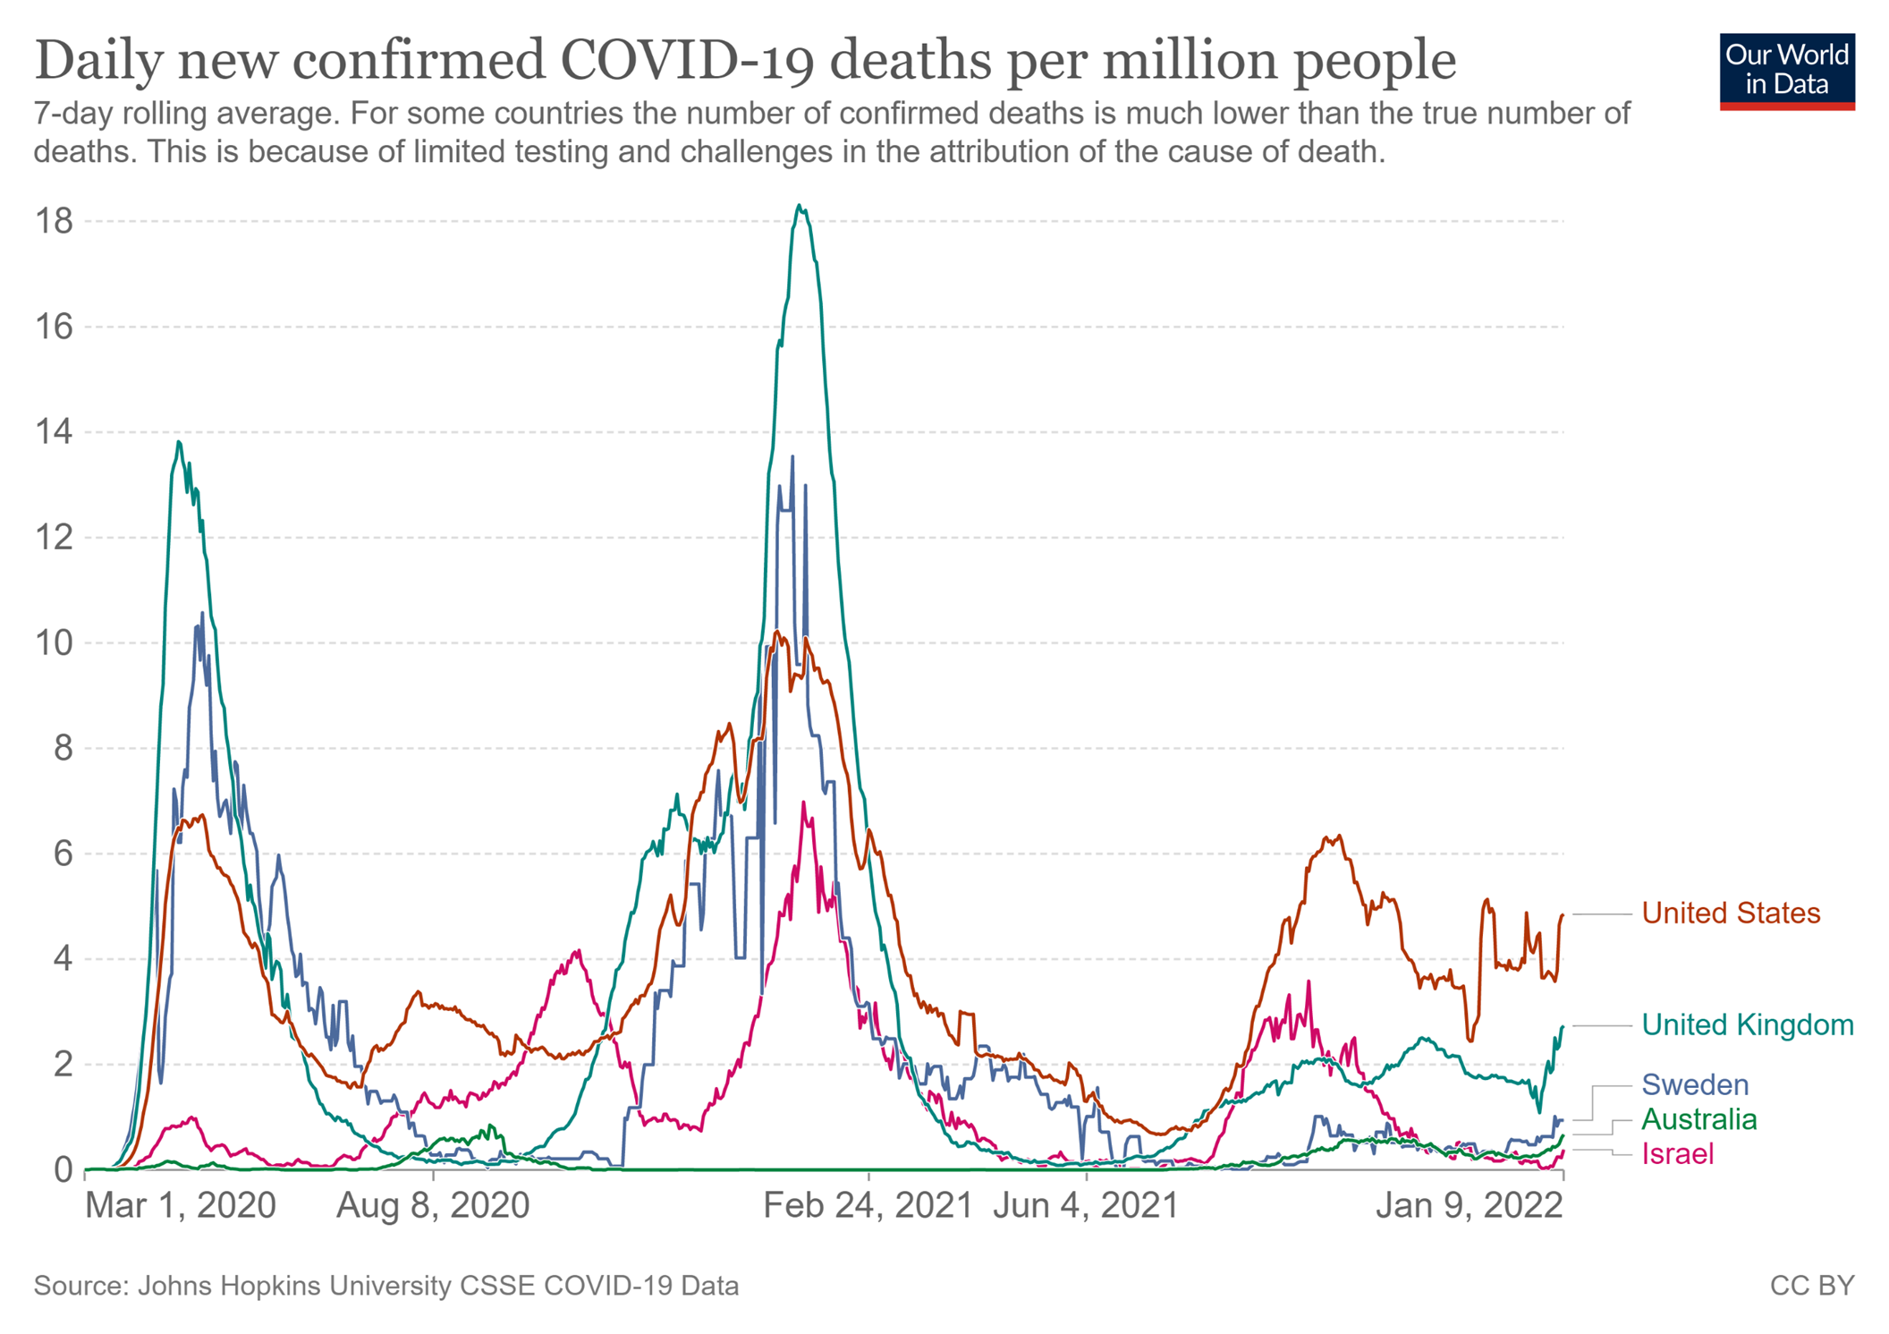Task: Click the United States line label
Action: (1730, 913)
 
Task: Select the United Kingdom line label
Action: (1747, 1025)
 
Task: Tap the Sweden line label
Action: (1694, 1085)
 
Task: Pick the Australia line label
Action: (1698, 1119)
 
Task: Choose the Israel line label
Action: (1677, 1154)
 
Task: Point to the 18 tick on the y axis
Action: (53, 221)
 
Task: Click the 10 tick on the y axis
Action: (53, 642)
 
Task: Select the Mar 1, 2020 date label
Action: (180, 1205)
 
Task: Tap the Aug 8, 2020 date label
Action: (433, 1205)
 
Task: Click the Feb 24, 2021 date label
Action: (867, 1205)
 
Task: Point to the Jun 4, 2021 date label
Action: (1086, 1205)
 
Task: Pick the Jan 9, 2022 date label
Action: (1469, 1205)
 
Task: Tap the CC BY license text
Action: (1811, 1286)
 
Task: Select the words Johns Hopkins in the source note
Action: (227, 1286)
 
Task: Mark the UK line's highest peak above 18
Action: (799, 206)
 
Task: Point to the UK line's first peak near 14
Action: (179, 442)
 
